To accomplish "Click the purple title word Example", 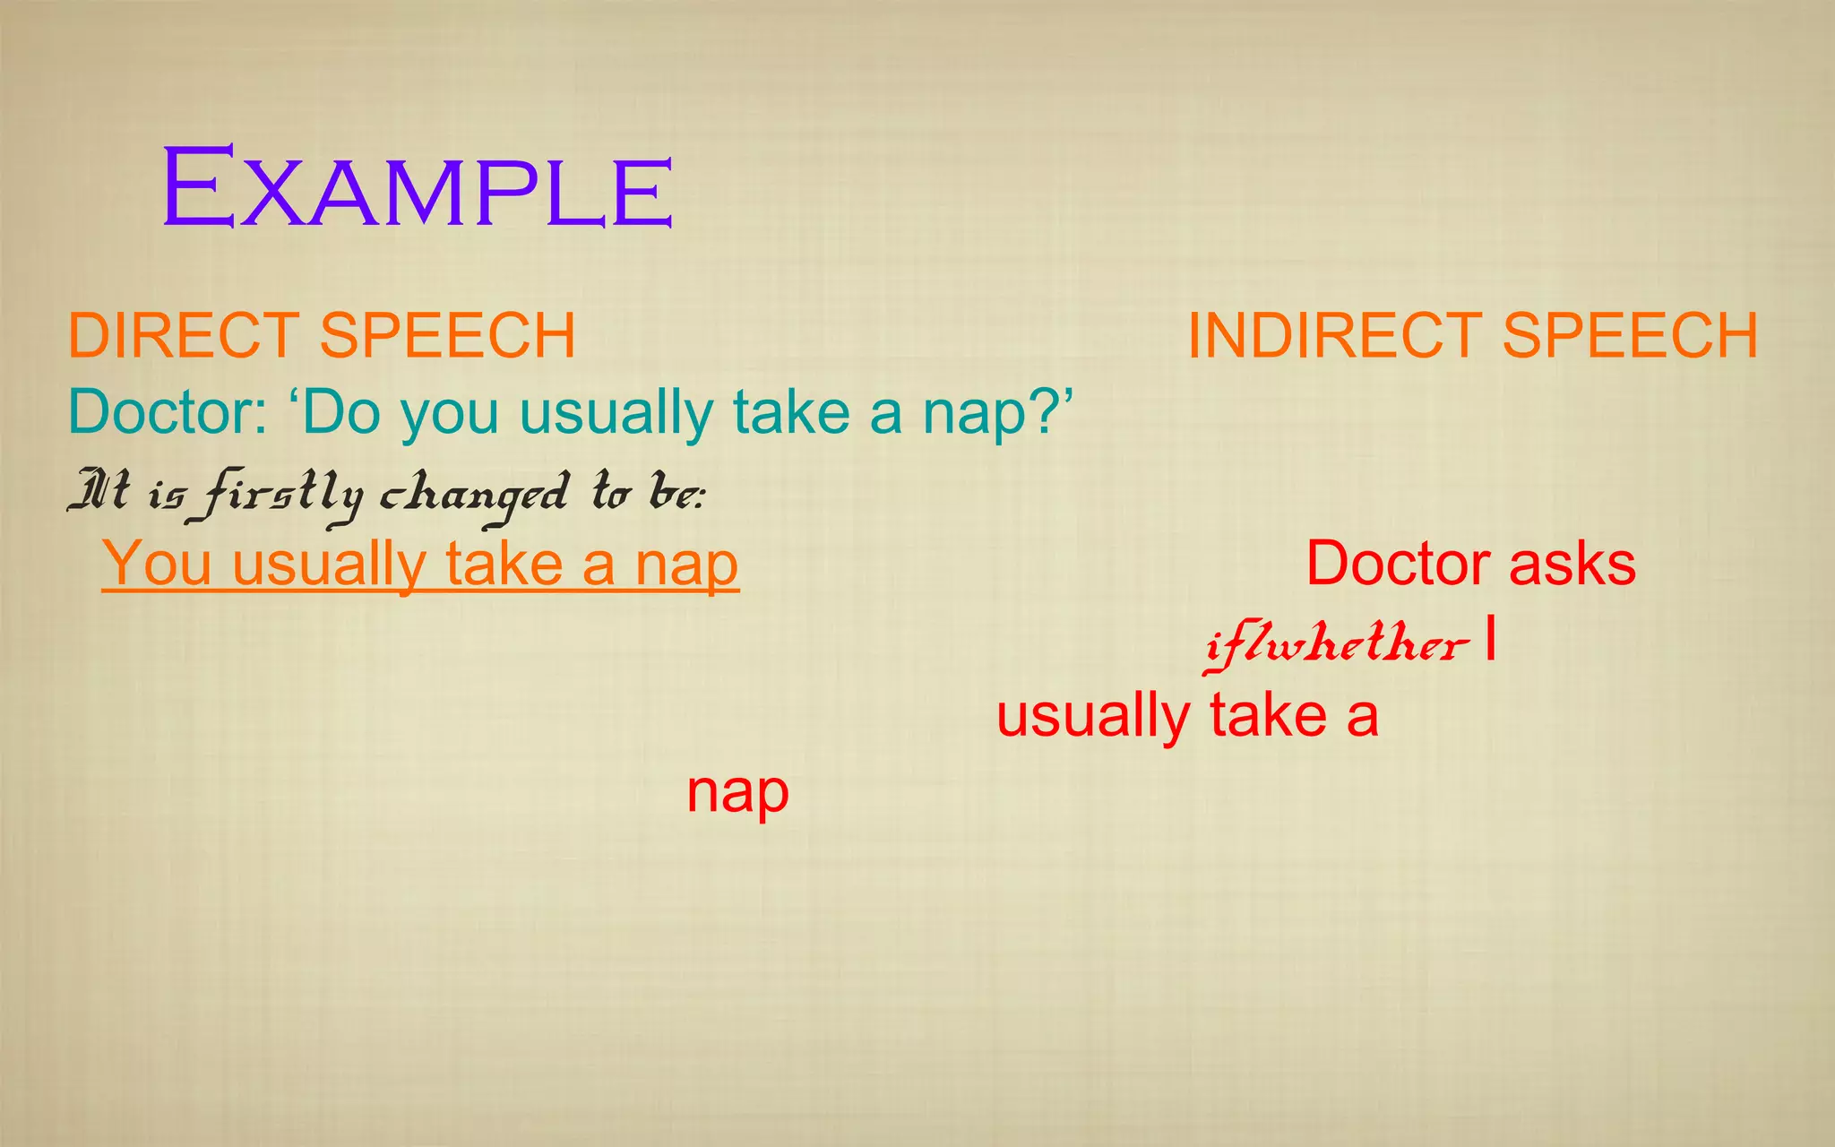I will pyautogui.click(x=417, y=190).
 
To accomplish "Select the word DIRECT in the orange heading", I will pyautogui.click(x=183, y=336).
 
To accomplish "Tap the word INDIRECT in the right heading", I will pyautogui.click(x=1335, y=336).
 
